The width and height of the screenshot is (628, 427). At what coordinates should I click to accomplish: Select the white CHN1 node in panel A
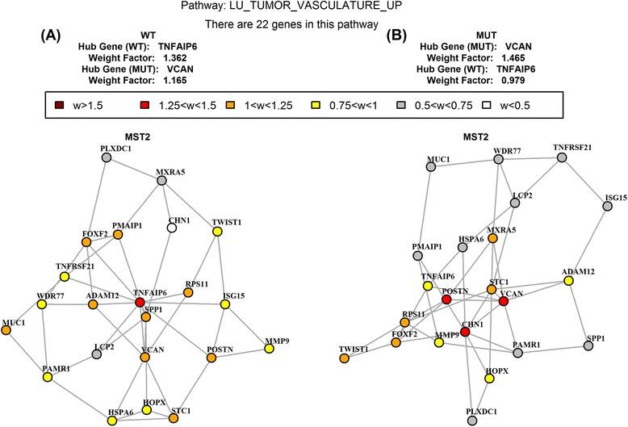pyautogui.click(x=171, y=228)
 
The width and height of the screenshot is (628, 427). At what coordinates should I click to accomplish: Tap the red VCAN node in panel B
pyautogui.click(x=504, y=301)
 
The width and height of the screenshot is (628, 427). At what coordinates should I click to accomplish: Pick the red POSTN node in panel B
pyautogui.click(x=446, y=300)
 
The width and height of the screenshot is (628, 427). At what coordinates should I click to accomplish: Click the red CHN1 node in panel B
pyautogui.click(x=464, y=333)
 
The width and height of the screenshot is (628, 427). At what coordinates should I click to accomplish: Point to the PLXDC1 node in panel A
pyautogui.click(x=106, y=157)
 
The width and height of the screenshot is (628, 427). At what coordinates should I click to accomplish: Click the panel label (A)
pyautogui.click(x=52, y=36)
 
